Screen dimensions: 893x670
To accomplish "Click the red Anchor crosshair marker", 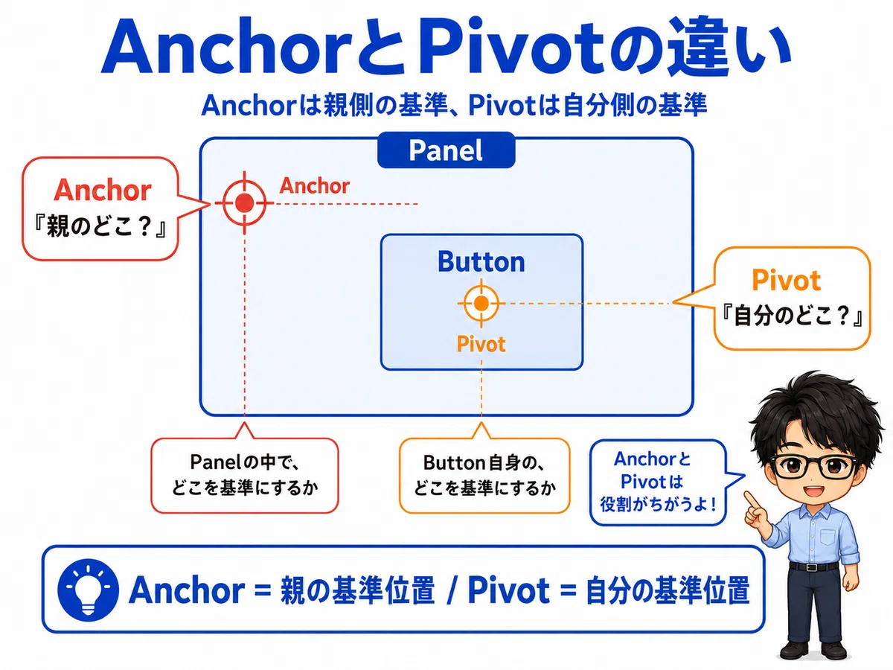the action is coord(245,202).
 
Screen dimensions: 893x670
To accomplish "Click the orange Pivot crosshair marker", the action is coord(481,303).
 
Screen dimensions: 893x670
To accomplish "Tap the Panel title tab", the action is coord(446,150).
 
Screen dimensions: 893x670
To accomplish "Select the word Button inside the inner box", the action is coord(481,261).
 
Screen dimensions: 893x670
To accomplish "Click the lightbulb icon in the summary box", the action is coord(89,590).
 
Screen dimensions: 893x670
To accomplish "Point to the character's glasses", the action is coord(814,467).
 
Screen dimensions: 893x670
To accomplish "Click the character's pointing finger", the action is coord(751,500).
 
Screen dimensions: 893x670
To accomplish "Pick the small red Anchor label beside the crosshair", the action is coord(315,186).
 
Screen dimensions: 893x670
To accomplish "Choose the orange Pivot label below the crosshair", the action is coord(481,344).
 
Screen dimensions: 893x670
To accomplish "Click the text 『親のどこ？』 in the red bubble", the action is coord(100,226).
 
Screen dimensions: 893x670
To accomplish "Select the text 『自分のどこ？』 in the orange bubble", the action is coord(792,316).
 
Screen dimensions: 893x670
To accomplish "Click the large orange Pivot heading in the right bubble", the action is coord(786,281).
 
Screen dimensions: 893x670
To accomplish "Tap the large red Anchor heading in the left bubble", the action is coord(103,191).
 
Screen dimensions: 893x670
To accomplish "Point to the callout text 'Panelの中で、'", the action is coord(245,462).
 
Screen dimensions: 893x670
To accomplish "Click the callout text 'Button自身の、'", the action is coord(484,462).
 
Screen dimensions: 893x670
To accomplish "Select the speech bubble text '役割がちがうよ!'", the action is coord(658,505).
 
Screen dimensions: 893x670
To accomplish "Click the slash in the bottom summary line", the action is coord(451,590).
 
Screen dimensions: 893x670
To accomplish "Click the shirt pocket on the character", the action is coord(828,537).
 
